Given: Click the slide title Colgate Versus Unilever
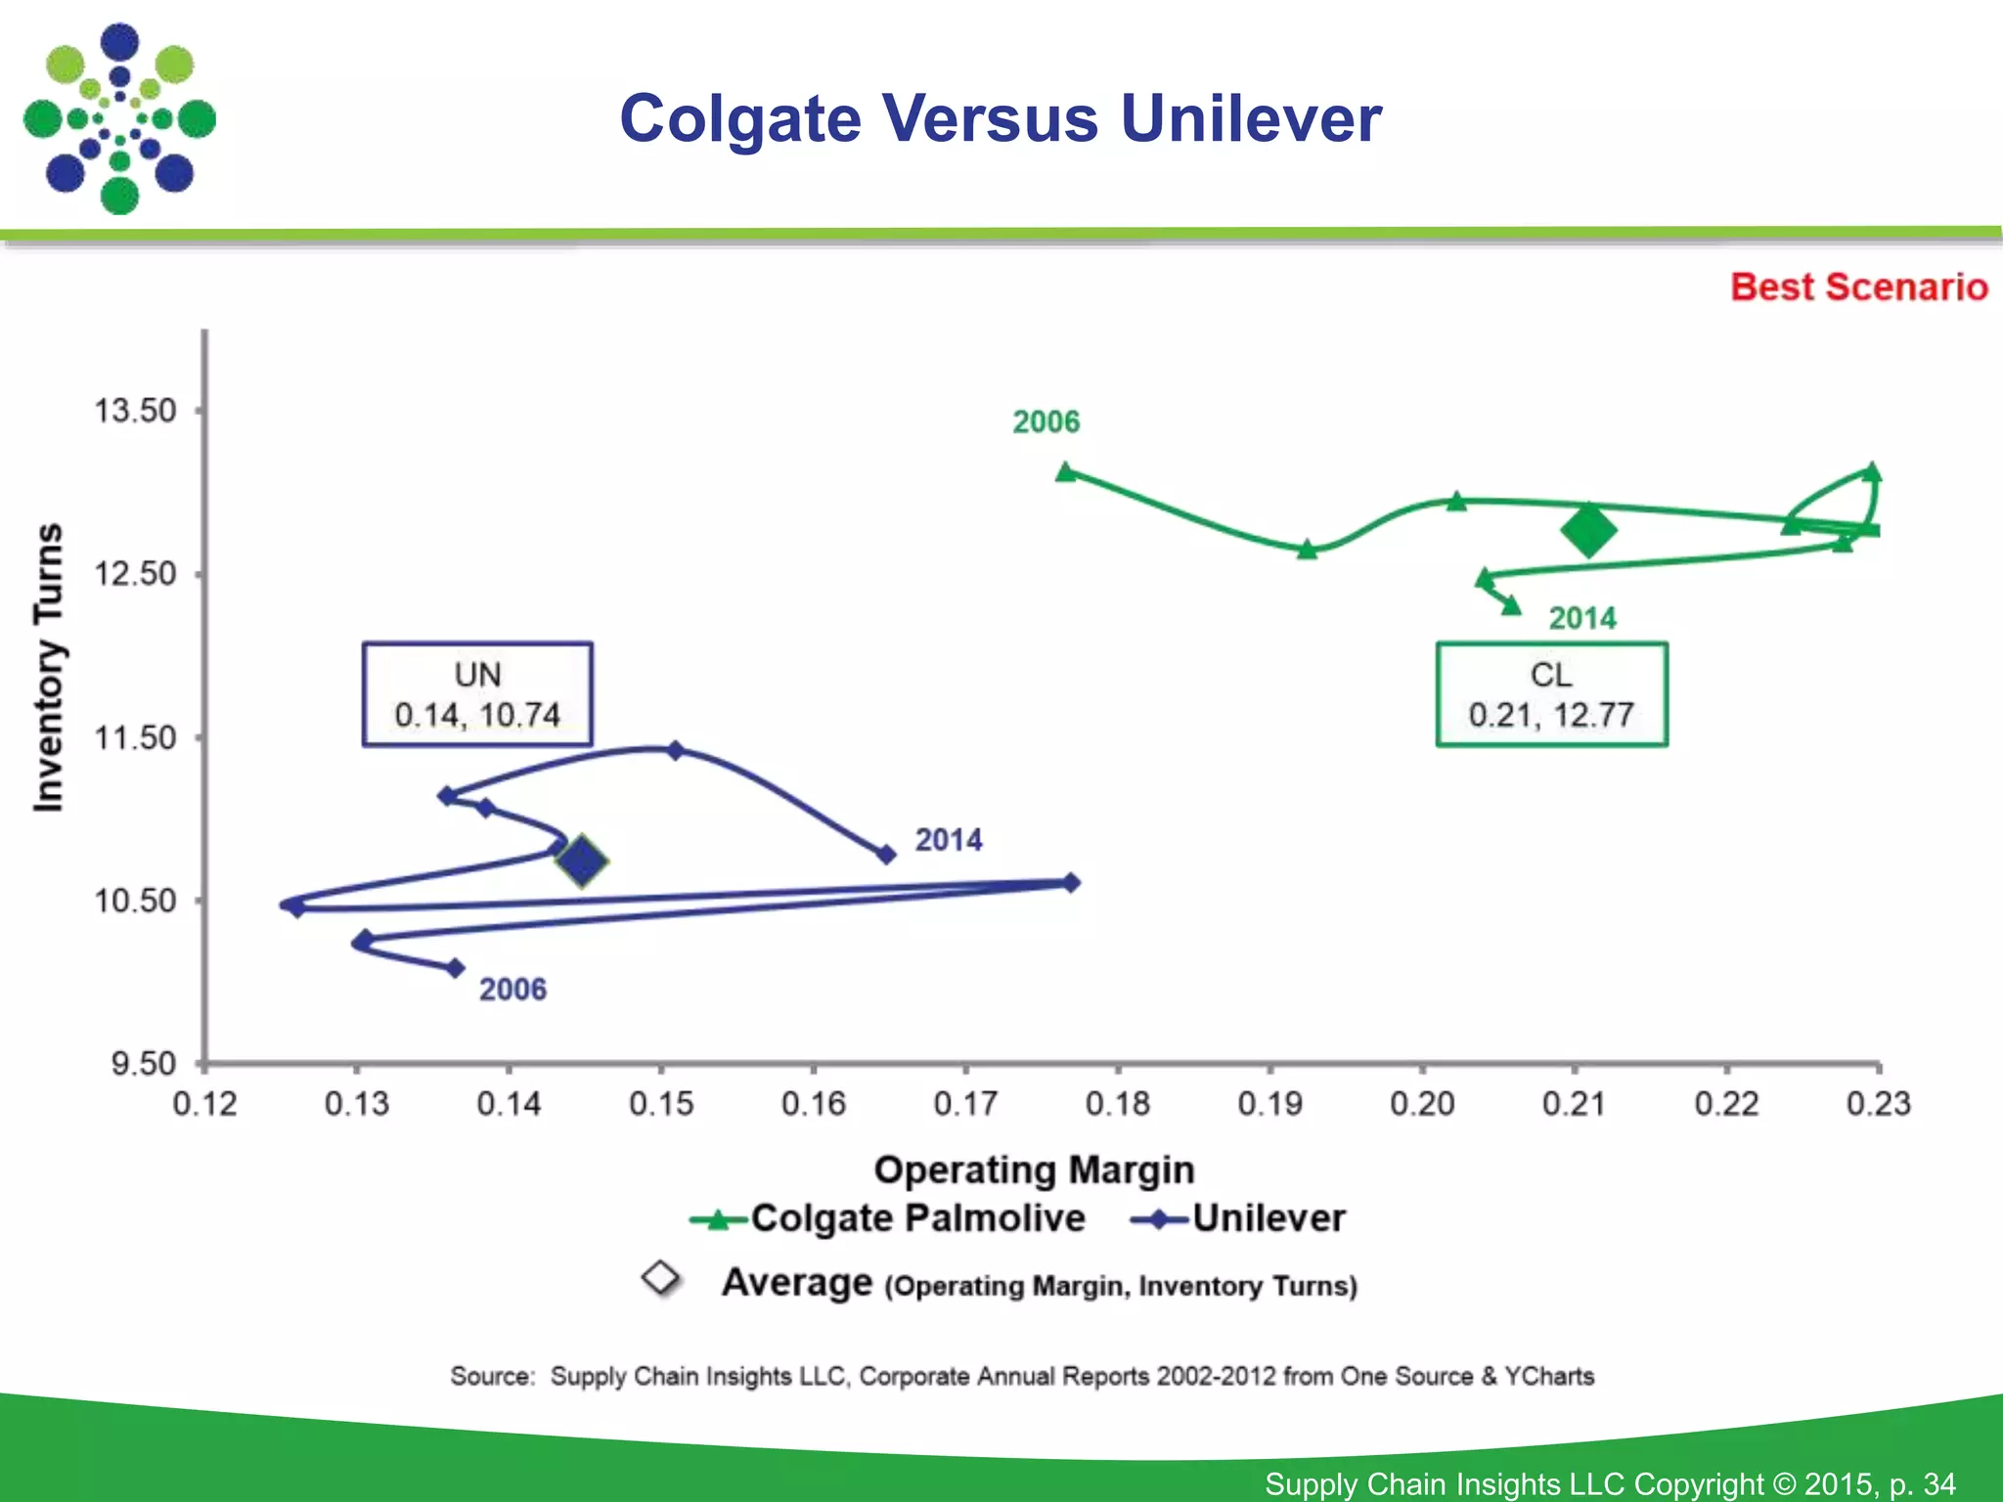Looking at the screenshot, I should tap(1001, 119).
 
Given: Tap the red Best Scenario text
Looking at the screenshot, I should tap(1858, 287).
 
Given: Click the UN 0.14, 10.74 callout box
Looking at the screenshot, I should tap(477, 694).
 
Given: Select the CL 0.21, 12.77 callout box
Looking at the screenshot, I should tap(1551, 694).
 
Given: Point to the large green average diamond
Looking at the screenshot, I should tap(1588, 531).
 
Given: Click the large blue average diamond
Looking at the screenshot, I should tap(582, 861).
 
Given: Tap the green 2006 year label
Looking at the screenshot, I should tap(1046, 422).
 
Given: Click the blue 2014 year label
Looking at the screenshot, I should tap(948, 840).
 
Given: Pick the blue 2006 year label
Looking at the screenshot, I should tap(512, 990).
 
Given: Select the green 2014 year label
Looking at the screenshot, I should tap(1581, 619).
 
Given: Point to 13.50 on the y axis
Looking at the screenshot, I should tap(135, 411).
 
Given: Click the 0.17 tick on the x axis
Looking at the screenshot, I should tap(965, 1104).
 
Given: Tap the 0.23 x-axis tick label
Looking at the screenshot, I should tap(1878, 1104).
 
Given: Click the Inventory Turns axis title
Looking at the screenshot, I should tap(49, 667).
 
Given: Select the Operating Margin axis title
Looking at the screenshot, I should tap(1034, 1170).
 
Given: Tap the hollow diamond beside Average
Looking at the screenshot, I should tap(662, 1277).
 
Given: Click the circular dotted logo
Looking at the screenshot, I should tap(119, 119).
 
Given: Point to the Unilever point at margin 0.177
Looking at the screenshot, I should tap(1071, 883).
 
